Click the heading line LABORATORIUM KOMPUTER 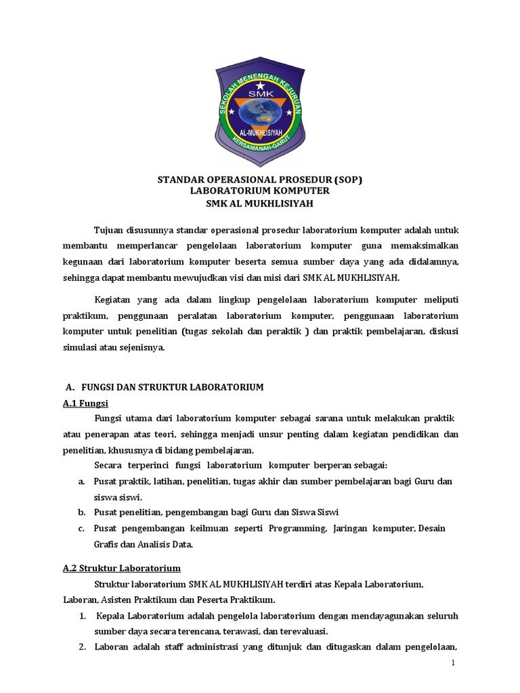[260, 192]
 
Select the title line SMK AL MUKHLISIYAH [260, 203]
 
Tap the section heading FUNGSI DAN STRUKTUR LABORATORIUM [172, 387]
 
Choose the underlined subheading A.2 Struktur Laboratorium [117, 568]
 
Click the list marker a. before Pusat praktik [81, 480]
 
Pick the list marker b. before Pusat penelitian [81, 512]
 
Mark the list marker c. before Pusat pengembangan [81, 528]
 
